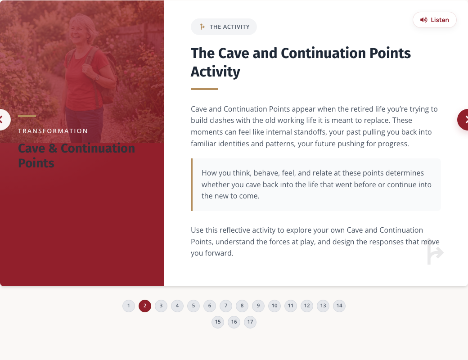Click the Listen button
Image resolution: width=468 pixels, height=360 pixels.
pos(435,20)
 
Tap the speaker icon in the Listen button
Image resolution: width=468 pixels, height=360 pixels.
pos(423,20)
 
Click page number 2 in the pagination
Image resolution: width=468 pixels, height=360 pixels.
pos(145,306)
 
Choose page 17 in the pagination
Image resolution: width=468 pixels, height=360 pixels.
pos(250,322)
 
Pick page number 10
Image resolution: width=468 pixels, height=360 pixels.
pos(274,306)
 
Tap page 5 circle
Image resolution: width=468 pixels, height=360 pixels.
pos(193,306)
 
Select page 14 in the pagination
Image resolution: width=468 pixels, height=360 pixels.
pos(339,306)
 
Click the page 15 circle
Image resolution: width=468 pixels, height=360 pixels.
pos(218,322)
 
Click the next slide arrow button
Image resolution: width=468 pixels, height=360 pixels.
pos(463,120)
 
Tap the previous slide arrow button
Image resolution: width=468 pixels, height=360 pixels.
pos(4,120)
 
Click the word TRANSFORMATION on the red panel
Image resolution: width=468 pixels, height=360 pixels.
pos(53,131)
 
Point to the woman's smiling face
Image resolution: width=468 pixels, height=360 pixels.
pos(77,33)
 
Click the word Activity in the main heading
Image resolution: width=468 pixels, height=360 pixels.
pos(216,72)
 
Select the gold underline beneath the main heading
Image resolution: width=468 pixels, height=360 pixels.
pos(204,89)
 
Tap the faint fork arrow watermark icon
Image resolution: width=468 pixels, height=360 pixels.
pos(435,252)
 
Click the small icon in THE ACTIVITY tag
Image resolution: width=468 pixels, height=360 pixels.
pos(202,27)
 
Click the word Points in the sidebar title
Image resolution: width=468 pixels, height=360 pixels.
pos(36,163)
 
